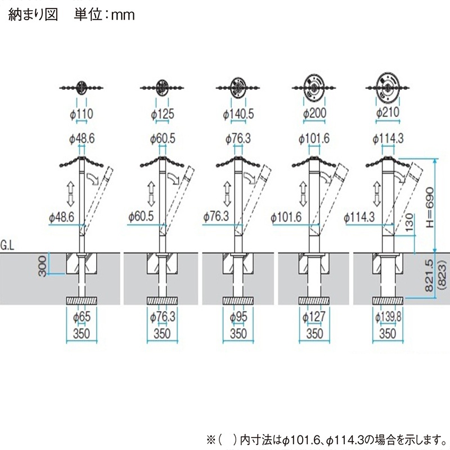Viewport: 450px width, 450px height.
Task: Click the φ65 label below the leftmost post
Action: coord(82,318)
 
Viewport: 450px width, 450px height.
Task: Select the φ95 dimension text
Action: coord(238,318)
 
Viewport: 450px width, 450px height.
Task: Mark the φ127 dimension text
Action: coord(314,318)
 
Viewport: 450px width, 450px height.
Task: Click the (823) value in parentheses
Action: coord(442,273)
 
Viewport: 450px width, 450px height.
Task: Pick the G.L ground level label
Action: coord(9,246)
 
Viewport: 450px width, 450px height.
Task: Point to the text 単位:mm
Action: coord(105,15)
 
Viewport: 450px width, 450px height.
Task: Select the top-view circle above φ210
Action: coord(386,87)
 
